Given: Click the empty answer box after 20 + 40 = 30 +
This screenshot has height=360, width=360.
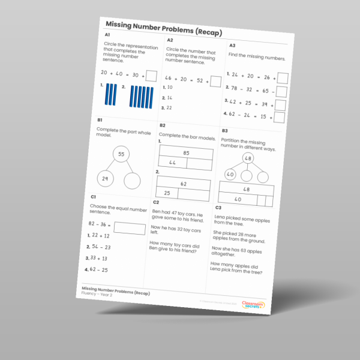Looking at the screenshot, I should [151, 76].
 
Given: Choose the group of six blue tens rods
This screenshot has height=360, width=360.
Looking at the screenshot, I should [140, 97].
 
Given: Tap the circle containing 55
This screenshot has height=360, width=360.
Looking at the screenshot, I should [121, 154].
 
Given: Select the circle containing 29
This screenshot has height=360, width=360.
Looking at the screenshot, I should [105, 179].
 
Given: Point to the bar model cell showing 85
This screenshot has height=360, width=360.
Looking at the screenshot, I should [186, 153].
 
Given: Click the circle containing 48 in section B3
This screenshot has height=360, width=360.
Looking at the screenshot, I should [247, 158].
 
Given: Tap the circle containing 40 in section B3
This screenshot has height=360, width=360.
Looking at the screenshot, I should [230, 175].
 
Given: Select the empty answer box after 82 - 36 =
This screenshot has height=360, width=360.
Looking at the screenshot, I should [130, 229].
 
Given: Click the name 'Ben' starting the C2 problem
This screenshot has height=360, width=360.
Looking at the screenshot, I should [156, 212].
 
